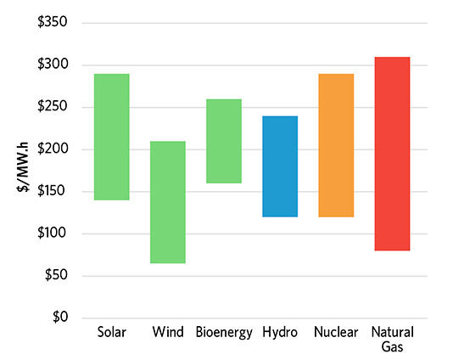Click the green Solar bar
coord(112,137)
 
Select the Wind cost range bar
coord(168,202)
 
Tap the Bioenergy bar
coord(224,141)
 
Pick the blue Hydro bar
coord(279,166)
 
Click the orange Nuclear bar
coord(336,145)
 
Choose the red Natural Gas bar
coord(392,154)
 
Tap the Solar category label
coord(112,333)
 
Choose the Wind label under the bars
coord(167,333)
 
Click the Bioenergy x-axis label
coord(224,333)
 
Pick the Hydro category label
coord(279,333)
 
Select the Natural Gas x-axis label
coord(392,340)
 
